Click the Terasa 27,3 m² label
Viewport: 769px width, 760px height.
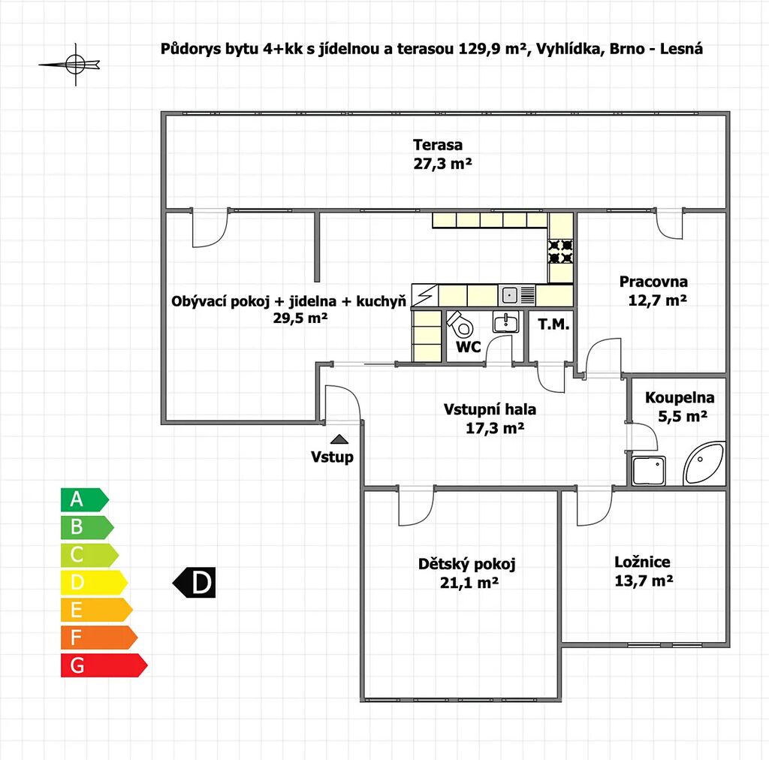[438, 154]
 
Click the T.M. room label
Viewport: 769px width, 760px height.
[553, 325]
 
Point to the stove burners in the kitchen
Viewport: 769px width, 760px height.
[561, 251]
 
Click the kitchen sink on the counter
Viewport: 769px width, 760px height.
[510, 294]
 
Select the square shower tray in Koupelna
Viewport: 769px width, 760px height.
[649, 471]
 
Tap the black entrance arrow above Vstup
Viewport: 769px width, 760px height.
[339, 439]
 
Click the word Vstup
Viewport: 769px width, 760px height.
[333, 457]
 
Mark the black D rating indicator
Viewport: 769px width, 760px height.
[195, 583]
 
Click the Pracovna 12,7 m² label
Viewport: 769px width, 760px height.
[654, 291]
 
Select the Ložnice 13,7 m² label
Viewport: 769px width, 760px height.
[643, 571]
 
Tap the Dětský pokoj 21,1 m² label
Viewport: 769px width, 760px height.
[467, 573]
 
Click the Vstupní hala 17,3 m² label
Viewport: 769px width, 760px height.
[490, 419]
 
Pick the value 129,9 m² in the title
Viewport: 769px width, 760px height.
[490, 50]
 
